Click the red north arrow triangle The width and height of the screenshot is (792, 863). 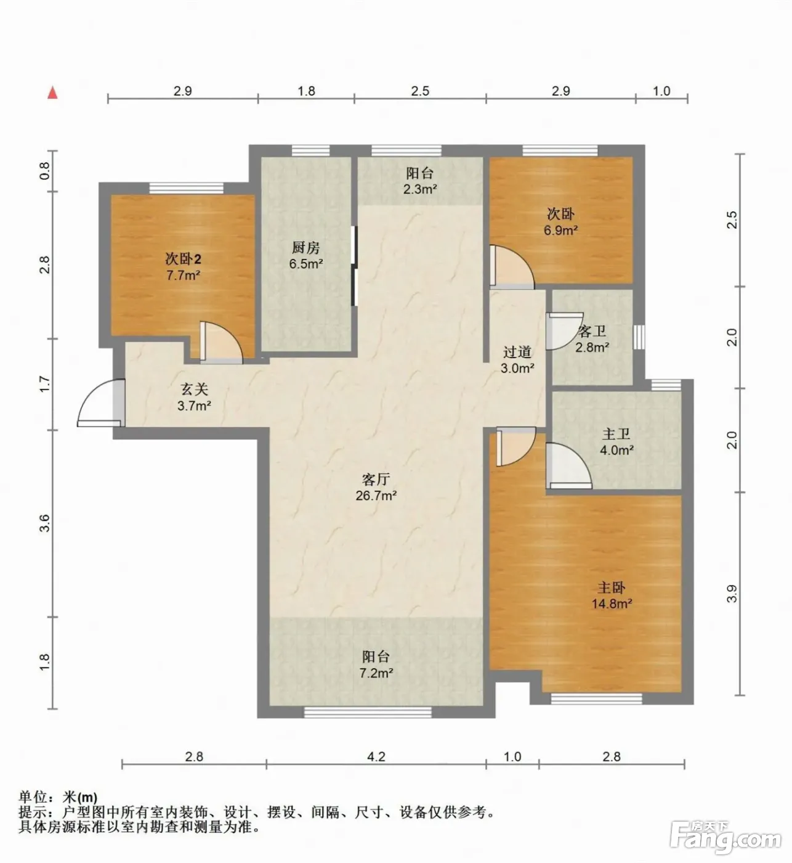pyautogui.click(x=52, y=92)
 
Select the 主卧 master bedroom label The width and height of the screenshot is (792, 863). pyautogui.click(x=612, y=587)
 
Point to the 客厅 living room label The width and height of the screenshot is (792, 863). pyautogui.click(x=376, y=479)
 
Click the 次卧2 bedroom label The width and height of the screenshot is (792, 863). pyautogui.click(x=184, y=258)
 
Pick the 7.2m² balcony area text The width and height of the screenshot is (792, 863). pyautogui.click(x=376, y=673)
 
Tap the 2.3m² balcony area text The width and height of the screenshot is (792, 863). pyautogui.click(x=420, y=189)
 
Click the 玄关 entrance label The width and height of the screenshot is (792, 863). pyautogui.click(x=195, y=390)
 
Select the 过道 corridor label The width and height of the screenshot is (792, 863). pyautogui.click(x=517, y=352)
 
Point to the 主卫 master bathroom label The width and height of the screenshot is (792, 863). pyautogui.click(x=616, y=433)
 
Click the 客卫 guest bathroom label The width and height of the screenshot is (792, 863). pyautogui.click(x=592, y=331)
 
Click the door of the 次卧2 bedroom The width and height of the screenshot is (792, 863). pyautogui.click(x=222, y=343)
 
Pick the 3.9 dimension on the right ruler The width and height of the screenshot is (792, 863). pyautogui.click(x=732, y=594)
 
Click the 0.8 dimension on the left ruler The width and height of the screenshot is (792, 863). pyautogui.click(x=45, y=171)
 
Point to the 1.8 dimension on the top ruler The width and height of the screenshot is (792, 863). pyautogui.click(x=306, y=91)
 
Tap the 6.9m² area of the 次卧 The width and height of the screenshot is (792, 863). pyautogui.click(x=560, y=230)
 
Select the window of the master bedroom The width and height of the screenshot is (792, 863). pyautogui.click(x=597, y=698)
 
